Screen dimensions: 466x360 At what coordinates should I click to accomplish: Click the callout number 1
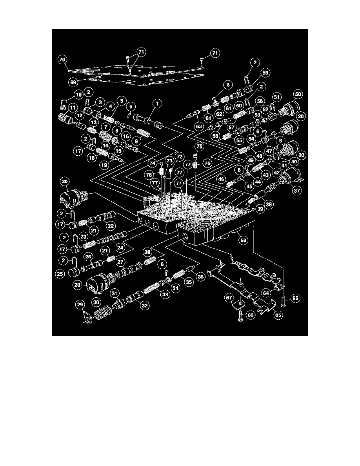pos(157,104)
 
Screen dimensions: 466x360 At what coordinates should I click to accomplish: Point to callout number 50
pos(298,95)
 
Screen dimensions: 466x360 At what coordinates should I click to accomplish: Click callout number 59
pos(265,73)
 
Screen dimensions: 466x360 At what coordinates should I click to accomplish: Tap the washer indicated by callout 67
pos(239,304)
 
